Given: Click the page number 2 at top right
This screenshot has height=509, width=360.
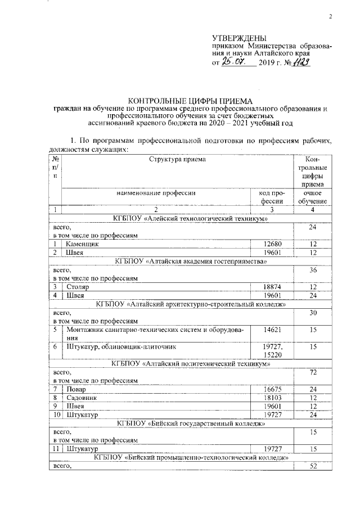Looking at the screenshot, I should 331,16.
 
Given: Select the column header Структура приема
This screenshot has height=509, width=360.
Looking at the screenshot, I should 177,159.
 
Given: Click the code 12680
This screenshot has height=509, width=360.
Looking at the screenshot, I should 274,244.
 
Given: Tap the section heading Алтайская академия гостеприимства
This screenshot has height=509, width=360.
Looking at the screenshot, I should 190,262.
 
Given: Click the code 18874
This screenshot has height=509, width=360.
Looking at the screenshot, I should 274,286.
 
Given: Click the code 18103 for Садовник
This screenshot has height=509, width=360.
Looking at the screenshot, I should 274,397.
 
